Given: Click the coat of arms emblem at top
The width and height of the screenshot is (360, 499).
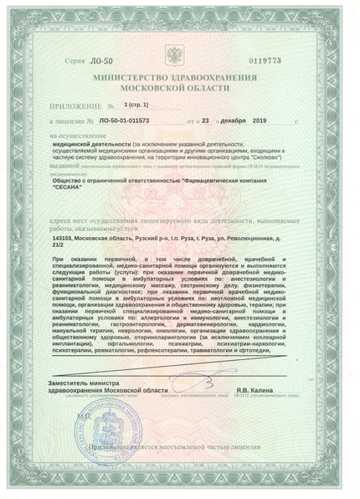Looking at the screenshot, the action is click(180, 59).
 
